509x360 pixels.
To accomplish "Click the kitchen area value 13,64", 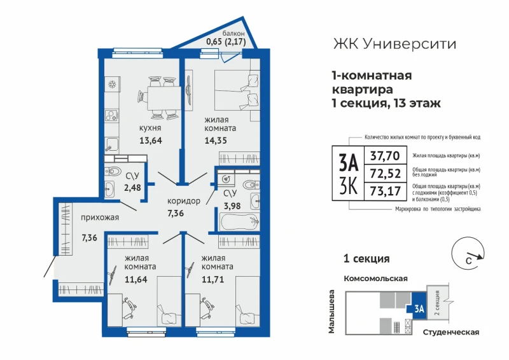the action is click(151, 141).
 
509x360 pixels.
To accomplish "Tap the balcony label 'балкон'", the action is click(234, 34).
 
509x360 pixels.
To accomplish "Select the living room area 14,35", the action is click(216, 141).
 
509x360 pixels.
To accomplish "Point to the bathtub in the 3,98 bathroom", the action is click(239, 222).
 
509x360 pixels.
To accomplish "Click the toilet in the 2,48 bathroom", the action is click(113, 170).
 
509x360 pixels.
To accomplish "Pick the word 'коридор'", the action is click(184, 201).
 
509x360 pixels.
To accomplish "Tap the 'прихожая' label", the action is click(100, 218).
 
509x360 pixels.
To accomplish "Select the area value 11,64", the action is click(136, 279).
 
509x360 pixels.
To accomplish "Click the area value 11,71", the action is click(213, 279).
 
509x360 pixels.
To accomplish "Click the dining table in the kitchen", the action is click(164, 99).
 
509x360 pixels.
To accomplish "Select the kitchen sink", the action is click(112, 144).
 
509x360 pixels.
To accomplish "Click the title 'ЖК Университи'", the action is click(394, 44).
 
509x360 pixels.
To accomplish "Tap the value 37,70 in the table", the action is click(385, 156).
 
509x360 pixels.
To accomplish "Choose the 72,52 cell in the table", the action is click(386, 174).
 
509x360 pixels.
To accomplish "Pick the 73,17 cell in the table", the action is click(386, 191).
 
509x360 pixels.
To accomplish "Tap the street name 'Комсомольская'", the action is click(375, 279).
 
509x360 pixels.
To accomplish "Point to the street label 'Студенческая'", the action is click(451, 332).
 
